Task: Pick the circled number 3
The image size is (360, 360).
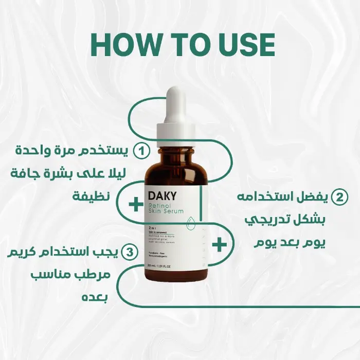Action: [x=132, y=252]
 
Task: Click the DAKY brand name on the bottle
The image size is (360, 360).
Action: [x=163, y=196]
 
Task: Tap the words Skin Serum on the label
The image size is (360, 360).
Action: [x=166, y=212]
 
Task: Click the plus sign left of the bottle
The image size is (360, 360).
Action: [x=135, y=205]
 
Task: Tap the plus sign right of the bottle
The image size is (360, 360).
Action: [x=219, y=245]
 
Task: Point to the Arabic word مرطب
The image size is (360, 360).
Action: [x=96, y=275]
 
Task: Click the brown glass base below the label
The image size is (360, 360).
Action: [x=176, y=276]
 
